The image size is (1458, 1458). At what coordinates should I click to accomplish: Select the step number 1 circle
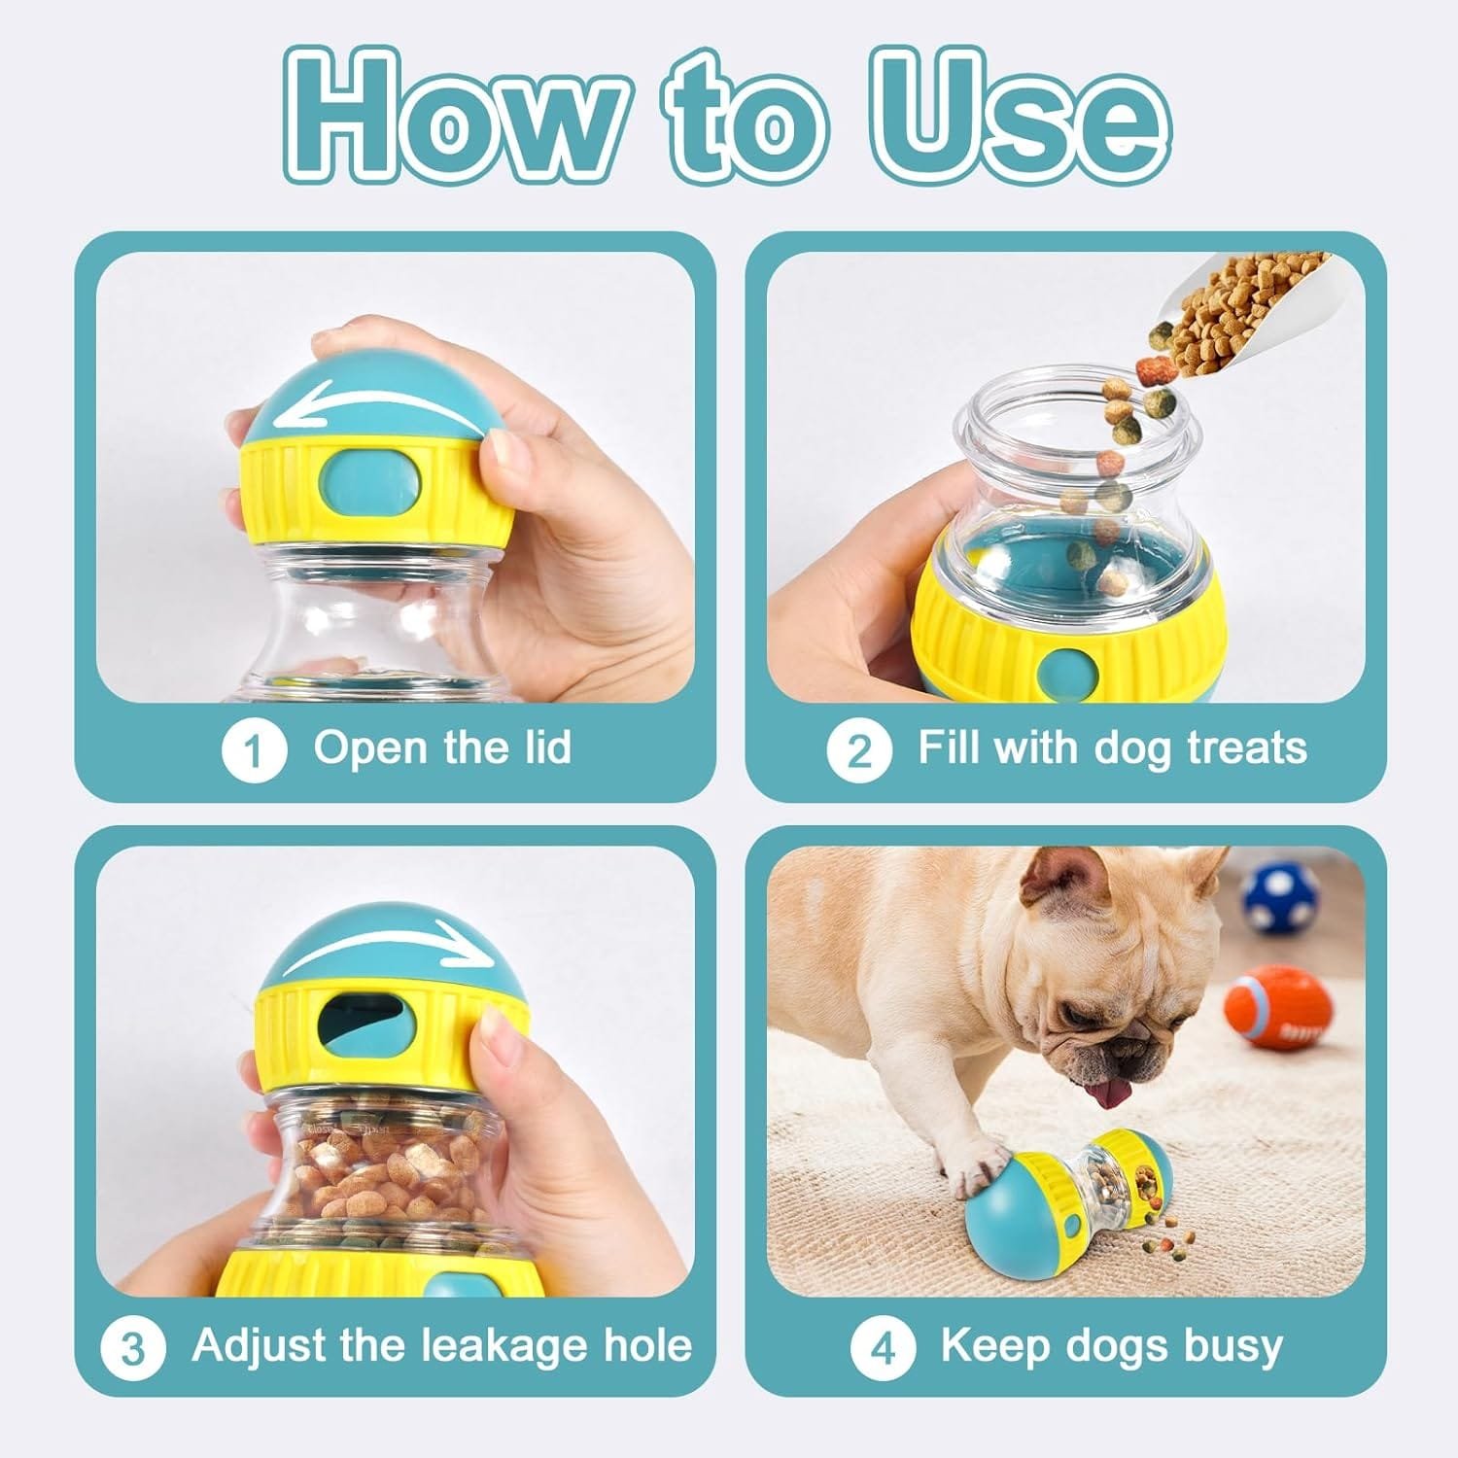click(x=254, y=750)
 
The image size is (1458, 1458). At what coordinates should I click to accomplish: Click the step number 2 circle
click(x=859, y=750)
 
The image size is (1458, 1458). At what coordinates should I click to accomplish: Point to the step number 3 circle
click(x=133, y=1348)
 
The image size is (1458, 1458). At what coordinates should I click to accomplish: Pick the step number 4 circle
click(x=883, y=1348)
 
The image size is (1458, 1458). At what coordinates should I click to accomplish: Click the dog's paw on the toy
click(x=977, y=1171)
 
